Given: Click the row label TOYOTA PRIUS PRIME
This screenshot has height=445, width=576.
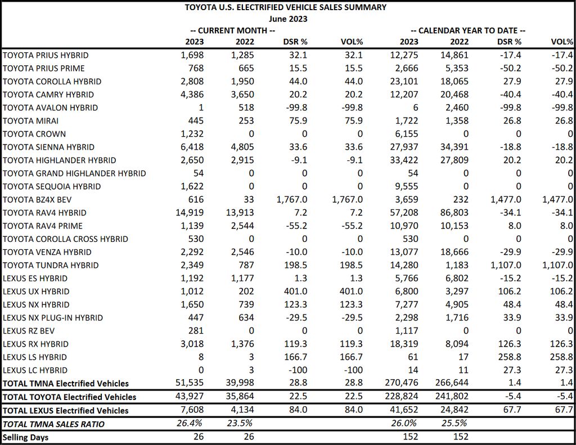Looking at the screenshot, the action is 44,68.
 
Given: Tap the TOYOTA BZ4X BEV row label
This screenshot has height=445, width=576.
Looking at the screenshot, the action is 37,200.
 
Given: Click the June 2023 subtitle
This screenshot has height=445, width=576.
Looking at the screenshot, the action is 287,19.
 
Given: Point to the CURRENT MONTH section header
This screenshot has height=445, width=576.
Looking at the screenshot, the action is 232,30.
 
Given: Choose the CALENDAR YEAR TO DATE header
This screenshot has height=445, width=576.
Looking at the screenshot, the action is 468,30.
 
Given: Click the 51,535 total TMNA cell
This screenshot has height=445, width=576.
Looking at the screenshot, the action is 189,383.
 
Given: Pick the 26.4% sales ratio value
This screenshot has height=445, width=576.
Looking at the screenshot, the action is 189,423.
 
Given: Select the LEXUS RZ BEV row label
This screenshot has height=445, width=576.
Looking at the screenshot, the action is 29,331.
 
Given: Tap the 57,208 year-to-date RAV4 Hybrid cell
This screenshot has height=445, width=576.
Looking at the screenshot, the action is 404,213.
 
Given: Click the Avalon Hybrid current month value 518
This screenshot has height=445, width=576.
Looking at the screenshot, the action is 246,107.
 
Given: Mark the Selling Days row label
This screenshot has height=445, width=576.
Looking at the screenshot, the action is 26,437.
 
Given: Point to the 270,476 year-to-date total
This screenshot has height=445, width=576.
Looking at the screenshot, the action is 402,383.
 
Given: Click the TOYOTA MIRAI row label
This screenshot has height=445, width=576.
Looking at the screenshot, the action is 30,121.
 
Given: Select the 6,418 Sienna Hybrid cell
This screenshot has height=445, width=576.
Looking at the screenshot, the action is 192,147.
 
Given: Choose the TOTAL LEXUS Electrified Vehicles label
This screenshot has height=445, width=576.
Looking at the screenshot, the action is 66,411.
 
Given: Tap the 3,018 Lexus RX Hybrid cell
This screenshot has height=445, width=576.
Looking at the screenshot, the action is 192,344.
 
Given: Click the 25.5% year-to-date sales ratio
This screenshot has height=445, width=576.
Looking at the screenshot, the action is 454,423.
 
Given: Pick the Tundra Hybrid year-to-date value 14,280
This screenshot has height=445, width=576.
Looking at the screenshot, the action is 404,266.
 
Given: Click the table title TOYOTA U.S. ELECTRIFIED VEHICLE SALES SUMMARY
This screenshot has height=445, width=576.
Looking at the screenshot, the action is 285,7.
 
